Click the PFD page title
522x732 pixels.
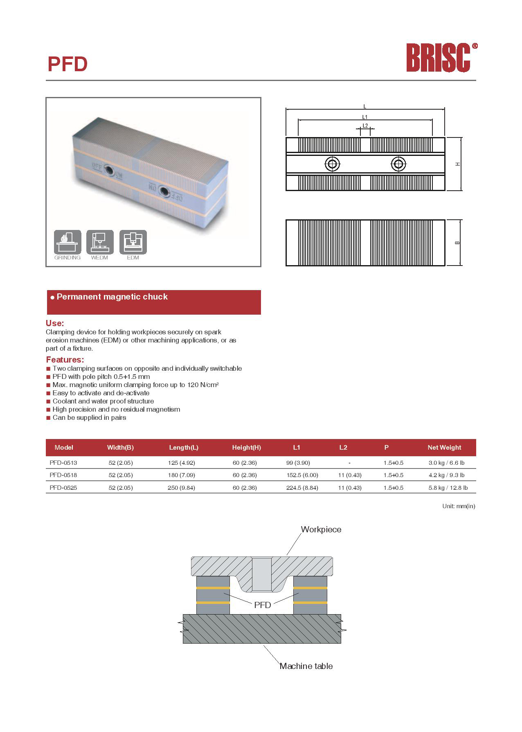pyautogui.click(x=67, y=64)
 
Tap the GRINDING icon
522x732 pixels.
pyautogui.click(x=67, y=242)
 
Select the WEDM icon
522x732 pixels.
pyautogui.click(x=100, y=242)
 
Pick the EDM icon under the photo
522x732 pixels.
pyautogui.click(x=133, y=242)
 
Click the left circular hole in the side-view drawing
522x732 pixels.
pyautogui.click(x=332, y=164)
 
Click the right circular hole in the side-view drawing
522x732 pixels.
pyautogui.click(x=398, y=164)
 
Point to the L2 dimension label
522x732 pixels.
pyautogui.click(x=365, y=126)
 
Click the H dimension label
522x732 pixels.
pyautogui.click(x=458, y=164)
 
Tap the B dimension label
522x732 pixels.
pyautogui.click(x=457, y=243)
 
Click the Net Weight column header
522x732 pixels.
pyautogui.click(x=444, y=448)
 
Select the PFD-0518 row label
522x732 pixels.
pyautogui.click(x=63, y=475)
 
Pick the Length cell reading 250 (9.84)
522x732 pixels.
pyautogui.click(x=181, y=488)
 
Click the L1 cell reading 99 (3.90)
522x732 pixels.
pyautogui.click(x=298, y=463)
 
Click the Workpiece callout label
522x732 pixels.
pyautogui.click(x=321, y=529)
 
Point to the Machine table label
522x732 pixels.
pyautogui.click(x=306, y=666)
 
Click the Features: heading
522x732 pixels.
pyautogui.click(x=65, y=360)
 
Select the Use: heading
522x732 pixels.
pyautogui.click(x=55, y=323)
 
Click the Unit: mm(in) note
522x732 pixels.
pyautogui.click(x=459, y=506)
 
